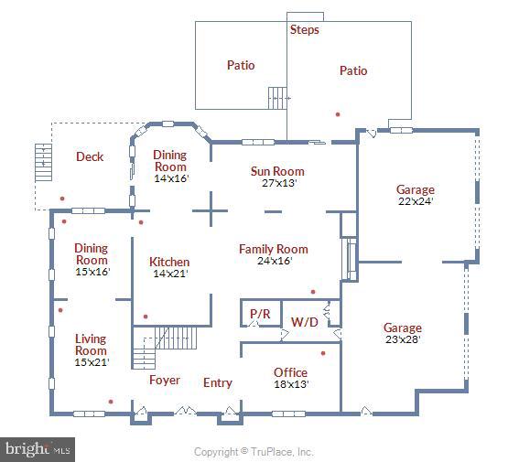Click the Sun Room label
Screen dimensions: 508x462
[277, 171]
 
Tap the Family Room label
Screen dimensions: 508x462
[274, 249]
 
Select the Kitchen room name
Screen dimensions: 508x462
[169, 262]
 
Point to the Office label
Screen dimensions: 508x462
[290, 372]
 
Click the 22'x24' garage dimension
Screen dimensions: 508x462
[416, 201]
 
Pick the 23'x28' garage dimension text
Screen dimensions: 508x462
[403, 339]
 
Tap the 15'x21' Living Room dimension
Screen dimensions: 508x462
[92, 362]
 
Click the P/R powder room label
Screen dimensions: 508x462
[260, 314]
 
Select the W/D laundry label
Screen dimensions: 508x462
[305, 322]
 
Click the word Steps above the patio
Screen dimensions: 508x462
[305, 29]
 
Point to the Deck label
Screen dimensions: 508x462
[90, 156]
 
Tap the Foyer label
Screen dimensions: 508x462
[165, 380]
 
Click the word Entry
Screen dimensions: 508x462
[218, 382]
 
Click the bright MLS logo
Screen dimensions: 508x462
[38, 449]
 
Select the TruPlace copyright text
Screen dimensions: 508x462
[254, 452]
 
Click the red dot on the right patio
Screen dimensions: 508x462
[338, 114]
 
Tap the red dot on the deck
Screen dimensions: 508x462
[62, 199]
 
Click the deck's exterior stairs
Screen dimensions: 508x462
[43, 162]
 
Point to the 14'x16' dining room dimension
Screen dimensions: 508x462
[171, 178]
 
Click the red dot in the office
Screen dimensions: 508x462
[323, 353]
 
